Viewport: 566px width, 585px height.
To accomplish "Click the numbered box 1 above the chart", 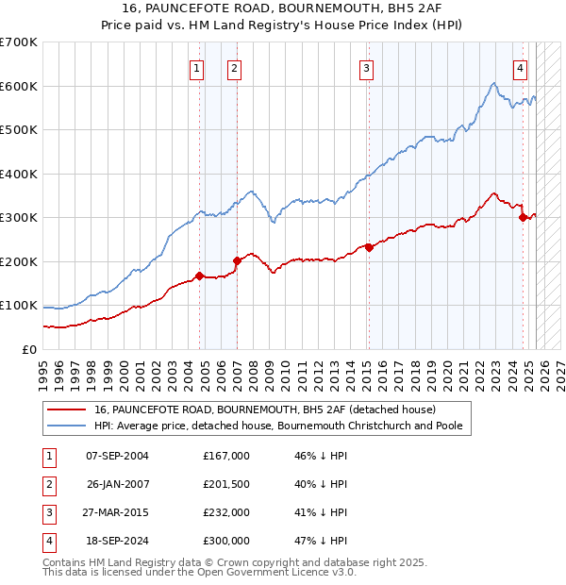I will tap(196, 67).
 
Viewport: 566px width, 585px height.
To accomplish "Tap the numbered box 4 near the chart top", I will tap(520, 67).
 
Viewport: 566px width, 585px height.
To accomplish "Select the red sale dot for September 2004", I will tap(199, 276).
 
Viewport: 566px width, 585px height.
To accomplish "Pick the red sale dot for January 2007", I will tap(237, 261).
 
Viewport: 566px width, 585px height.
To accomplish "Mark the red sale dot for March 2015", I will tap(369, 247).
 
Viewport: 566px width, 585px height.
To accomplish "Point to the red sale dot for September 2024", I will tap(523, 218).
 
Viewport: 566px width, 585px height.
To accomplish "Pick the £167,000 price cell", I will tap(226, 456).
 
